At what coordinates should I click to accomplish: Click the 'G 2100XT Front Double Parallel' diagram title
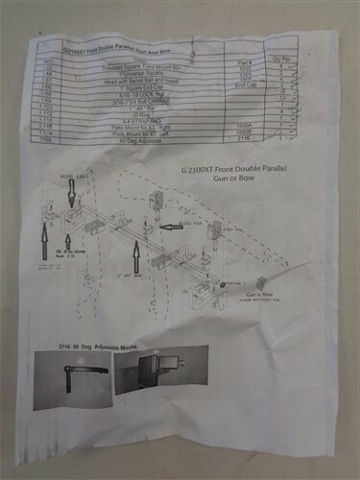pos(234,169)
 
